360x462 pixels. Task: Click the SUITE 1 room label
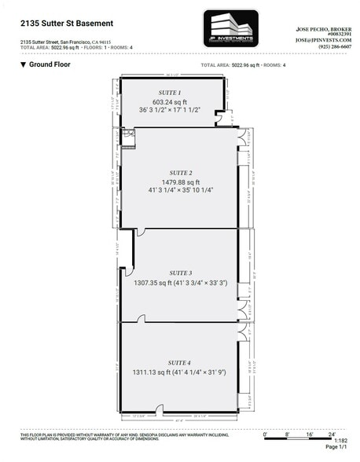169,93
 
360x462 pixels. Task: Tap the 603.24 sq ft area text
169,101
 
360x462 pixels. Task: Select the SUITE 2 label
180,172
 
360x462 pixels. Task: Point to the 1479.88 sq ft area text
180,181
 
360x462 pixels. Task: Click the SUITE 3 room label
180,271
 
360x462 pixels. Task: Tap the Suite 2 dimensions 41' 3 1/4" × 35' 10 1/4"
180,190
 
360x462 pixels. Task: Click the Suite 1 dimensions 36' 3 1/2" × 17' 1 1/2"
169,110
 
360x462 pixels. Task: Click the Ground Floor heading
50,64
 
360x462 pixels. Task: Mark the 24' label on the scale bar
332,434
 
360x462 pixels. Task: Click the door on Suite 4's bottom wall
160,409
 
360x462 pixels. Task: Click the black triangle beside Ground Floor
24,64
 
